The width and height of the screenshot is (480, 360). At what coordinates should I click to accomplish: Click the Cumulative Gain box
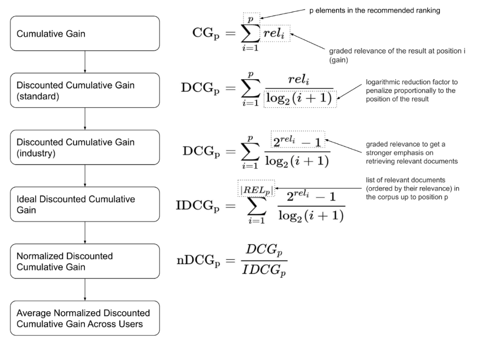click(84, 33)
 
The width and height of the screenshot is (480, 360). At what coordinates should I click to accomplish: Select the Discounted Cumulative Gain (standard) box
click(84, 90)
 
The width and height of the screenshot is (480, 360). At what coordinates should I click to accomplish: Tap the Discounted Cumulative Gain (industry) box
click(84, 147)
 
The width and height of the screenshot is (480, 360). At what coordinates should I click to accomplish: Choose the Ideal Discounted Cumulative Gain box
click(84, 204)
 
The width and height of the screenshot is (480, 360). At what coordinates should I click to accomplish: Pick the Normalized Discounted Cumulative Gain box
click(84, 261)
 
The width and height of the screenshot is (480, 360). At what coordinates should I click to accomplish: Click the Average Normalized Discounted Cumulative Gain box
click(84, 318)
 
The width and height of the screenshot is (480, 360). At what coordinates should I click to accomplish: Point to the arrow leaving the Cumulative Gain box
click(84, 61)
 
